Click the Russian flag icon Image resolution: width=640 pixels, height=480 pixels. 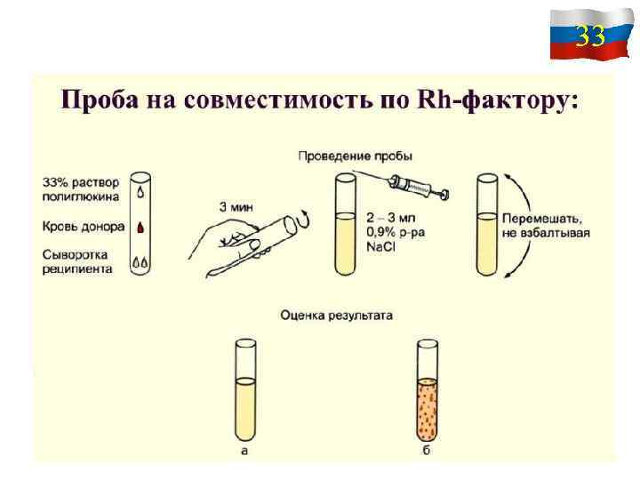pyautogui.click(x=579, y=35)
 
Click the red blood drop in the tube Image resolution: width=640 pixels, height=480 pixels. pyautogui.click(x=140, y=228)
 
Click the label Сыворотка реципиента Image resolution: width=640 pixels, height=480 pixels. pyautogui.click(x=78, y=261)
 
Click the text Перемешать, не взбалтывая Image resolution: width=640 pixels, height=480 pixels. pyautogui.click(x=546, y=226)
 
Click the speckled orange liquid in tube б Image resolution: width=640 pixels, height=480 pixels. pyautogui.click(x=427, y=408)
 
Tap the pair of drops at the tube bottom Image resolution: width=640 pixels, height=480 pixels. pyautogui.click(x=140, y=262)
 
